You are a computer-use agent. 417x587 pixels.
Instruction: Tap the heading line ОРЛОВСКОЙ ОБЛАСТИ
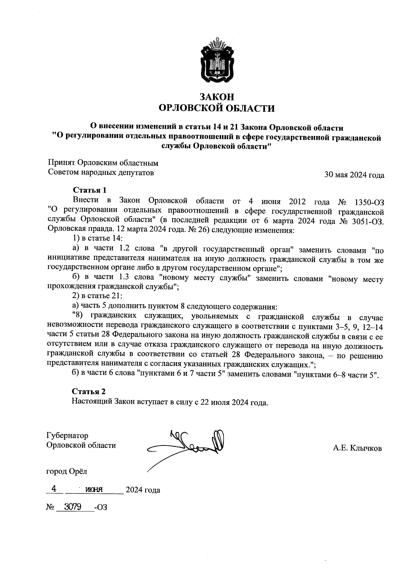(x=216, y=109)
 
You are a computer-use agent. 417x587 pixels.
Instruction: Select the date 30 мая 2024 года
(x=354, y=175)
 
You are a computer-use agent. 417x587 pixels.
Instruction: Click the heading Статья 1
(x=89, y=190)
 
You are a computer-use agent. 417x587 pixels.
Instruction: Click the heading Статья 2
(x=89, y=391)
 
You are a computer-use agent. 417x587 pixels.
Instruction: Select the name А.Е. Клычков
(x=357, y=448)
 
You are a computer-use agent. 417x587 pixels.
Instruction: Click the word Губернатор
(x=67, y=435)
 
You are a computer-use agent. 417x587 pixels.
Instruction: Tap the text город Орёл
(x=67, y=471)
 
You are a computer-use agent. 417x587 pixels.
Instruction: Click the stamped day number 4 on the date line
(x=54, y=489)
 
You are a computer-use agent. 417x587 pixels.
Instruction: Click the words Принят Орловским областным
(x=103, y=163)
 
